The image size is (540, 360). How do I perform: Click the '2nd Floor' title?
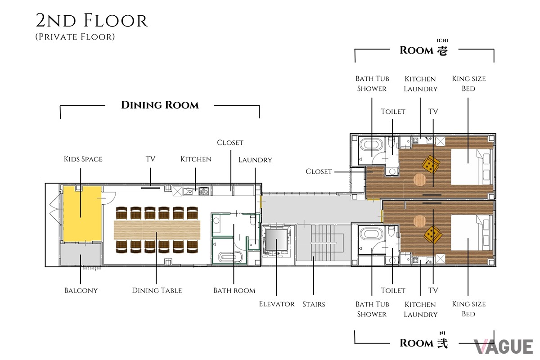[x=92, y=21]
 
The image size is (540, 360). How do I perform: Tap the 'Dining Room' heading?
[x=160, y=105]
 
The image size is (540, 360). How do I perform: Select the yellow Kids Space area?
[x=82, y=214]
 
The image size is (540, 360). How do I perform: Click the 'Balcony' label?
[x=81, y=290]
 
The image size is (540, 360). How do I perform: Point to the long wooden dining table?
[x=157, y=230]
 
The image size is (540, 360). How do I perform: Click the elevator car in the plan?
[x=276, y=240]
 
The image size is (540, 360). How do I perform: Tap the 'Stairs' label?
[x=314, y=304]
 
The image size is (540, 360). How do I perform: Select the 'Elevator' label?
[x=277, y=304]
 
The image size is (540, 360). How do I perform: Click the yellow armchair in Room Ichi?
[x=431, y=164]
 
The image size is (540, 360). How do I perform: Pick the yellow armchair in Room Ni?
[x=433, y=234]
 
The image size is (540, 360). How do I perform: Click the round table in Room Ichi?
[x=419, y=180]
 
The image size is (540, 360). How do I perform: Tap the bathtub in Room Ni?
[x=371, y=234]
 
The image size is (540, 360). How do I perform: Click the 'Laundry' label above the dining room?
[x=255, y=160]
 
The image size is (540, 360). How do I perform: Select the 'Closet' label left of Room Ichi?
[x=319, y=171]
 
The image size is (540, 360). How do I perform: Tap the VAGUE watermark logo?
[x=504, y=346]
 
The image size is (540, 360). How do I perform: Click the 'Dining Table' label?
[x=157, y=290]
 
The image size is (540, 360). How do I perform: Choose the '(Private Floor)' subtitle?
[x=75, y=36]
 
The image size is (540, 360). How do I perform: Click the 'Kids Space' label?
[x=83, y=159]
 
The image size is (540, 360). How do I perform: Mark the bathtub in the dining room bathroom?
[x=230, y=257]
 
